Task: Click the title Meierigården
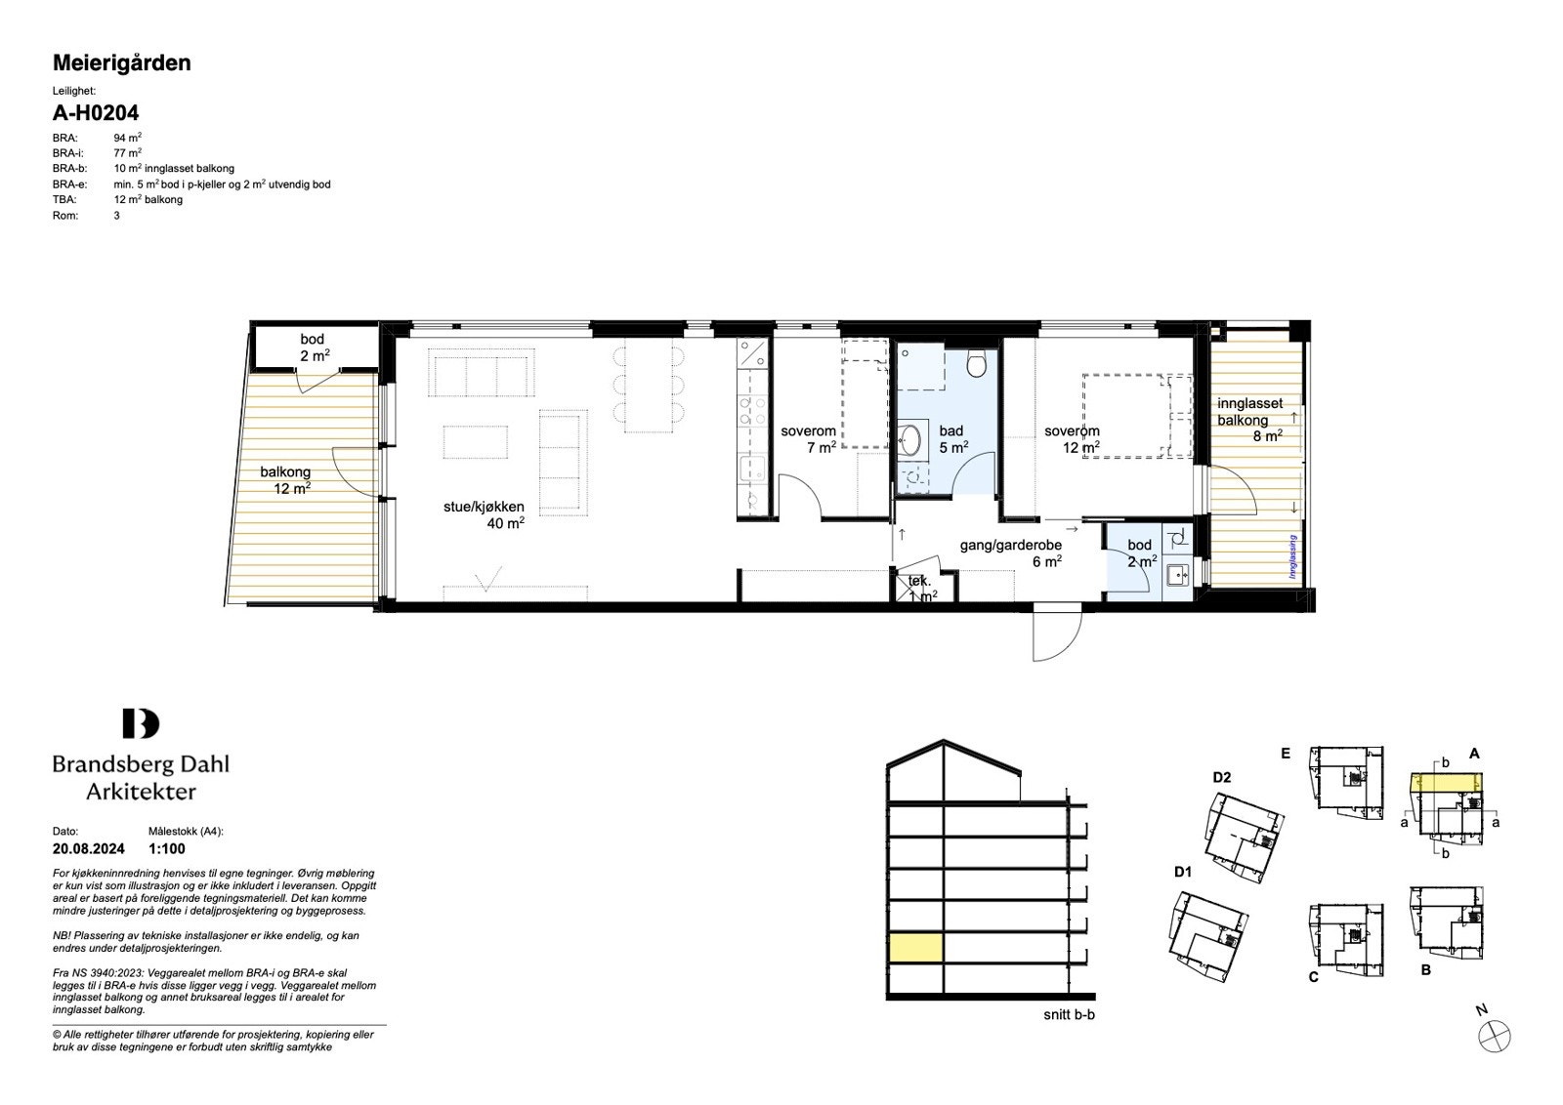pos(121,63)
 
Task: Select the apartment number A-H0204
pos(96,112)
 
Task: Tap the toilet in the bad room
pos(976,361)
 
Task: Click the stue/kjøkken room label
pos(485,514)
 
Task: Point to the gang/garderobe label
pos(1011,552)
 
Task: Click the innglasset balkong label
pos(1249,420)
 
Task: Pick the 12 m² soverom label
pos(1073,439)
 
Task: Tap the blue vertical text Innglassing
pos(1292,556)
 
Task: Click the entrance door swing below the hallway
pos(1058,634)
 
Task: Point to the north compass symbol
pos(1494,1036)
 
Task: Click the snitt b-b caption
pos(1069,1015)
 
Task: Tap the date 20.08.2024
pos(89,848)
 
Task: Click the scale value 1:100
pos(167,848)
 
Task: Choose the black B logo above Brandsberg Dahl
pos(141,723)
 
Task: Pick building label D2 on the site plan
pos(1222,777)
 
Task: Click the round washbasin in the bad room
pos(909,439)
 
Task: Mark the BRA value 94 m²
pos(128,138)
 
